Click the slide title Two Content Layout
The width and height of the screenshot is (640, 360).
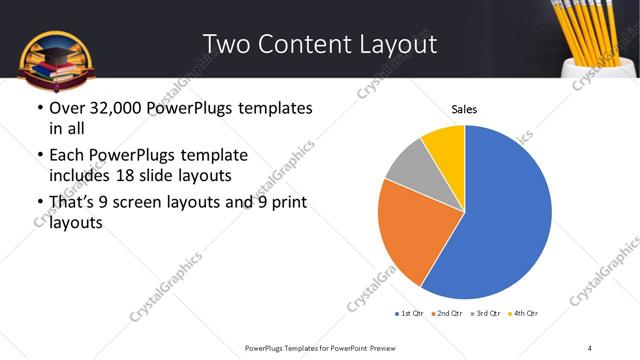[319, 44]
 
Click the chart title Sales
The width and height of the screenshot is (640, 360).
[464, 108]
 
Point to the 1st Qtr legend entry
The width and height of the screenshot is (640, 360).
[408, 314]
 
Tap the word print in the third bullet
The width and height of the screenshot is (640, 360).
[286, 203]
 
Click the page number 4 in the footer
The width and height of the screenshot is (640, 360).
[590, 347]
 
